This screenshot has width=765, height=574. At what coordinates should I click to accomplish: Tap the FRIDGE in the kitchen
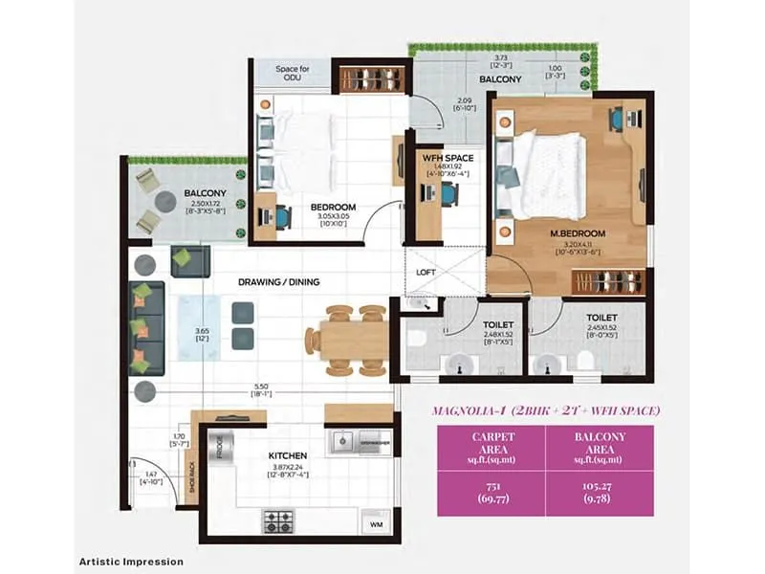[218, 449]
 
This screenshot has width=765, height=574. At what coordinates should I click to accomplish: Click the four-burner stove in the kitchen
[278, 521]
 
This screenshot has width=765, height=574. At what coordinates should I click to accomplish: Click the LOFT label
[426, 271]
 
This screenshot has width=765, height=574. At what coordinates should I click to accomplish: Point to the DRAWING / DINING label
[279, 282]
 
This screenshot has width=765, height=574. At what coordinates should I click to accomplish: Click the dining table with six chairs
[346, 340]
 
